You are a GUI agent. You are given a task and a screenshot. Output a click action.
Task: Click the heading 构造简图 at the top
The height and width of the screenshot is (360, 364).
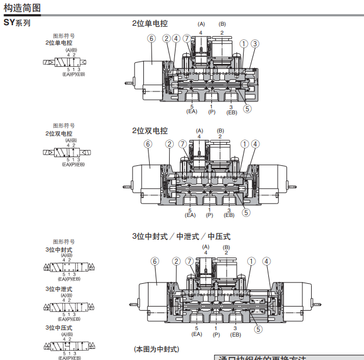click(x=23, y=8)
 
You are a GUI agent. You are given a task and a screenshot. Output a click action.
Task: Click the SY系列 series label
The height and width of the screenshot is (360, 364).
click(x=17, y=23)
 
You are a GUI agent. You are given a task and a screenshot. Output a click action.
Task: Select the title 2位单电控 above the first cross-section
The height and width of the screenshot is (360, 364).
click(x=150, y=24)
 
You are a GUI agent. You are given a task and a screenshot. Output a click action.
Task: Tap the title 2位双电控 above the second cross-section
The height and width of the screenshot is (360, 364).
click(x=150, y=131)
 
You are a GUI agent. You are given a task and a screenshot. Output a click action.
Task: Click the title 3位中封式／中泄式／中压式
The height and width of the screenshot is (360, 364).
click(x=181, y=236)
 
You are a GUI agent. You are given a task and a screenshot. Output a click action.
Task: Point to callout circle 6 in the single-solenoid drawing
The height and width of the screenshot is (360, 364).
click(x=151, y=39)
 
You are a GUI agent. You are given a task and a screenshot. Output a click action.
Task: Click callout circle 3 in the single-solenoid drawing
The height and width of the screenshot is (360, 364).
click(x=255, y=43)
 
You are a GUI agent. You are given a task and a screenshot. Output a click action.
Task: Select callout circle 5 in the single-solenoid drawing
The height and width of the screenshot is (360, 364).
click(x=247, y=108)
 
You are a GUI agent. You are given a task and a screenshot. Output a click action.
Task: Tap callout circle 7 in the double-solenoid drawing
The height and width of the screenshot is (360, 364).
click(x=183, y=144)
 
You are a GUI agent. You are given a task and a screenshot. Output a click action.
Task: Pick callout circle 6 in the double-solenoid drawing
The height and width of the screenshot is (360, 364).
click(x=148, y=144)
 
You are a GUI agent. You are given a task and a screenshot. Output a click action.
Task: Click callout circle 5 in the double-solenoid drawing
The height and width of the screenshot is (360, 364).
click(x=247, y=213)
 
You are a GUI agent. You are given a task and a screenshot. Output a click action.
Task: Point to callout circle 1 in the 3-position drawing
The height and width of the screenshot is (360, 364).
click(x=251, y=261)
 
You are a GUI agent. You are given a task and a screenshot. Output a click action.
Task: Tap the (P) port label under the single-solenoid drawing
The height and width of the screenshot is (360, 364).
click(x=211, y=111)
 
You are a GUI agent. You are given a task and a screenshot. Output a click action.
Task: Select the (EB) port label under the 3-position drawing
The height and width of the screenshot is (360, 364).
click(x=235, y=334)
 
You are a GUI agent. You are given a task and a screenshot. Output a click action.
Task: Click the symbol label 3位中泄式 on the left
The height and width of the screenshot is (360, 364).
click(x=59, y=289)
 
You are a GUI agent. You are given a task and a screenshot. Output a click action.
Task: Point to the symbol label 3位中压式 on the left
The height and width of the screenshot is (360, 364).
click(x=59, y=328)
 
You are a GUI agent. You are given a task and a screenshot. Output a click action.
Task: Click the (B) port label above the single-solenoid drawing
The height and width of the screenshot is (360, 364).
click(x=222, y=24)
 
